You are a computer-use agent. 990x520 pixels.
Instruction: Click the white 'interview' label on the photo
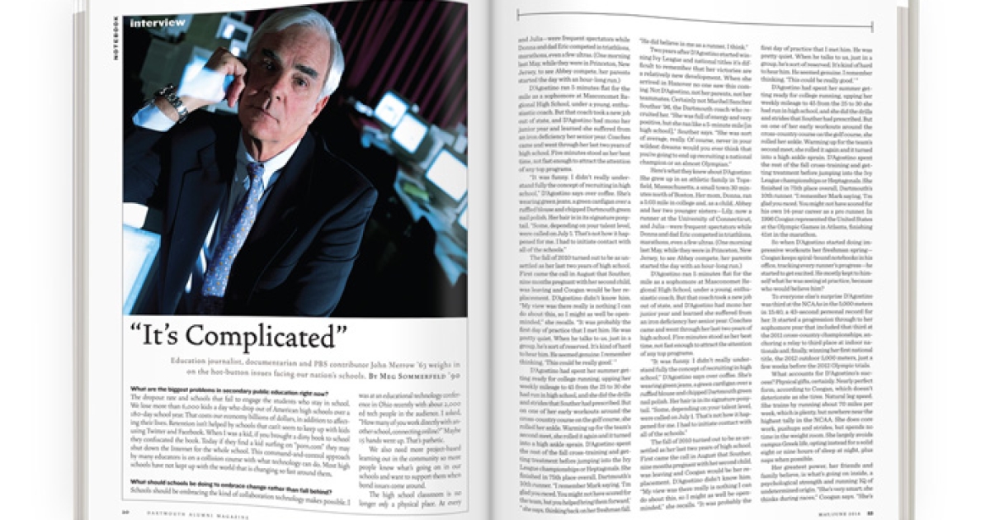pyautogui.click(x=158, y=23)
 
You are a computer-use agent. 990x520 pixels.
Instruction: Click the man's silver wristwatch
pyautogui.click(x=174, y=102)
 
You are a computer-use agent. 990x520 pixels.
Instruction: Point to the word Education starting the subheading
pyautogui.click(x=193, y=364)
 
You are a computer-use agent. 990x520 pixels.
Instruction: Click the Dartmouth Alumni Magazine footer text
pyautogui.click(x=189, y=513)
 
